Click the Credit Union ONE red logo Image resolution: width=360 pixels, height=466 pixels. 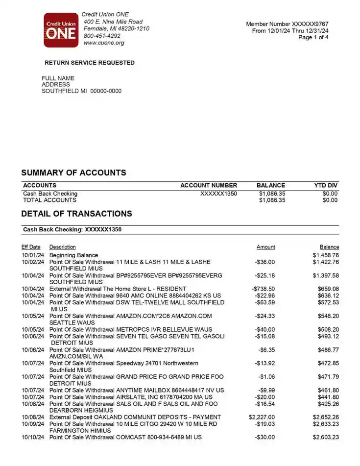[x=61, y=30]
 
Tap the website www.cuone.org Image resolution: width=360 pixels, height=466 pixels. [x=104, y=43]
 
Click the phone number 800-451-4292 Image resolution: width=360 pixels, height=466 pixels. [x=102, y=36]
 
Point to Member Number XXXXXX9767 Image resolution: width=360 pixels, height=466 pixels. [x=287, y=24]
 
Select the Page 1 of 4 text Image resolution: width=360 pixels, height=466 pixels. [x=313, y=37]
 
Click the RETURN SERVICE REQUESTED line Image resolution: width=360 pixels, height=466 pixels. [x=89, y=63]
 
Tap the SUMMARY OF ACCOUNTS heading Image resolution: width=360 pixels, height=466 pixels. [x=73, y=173]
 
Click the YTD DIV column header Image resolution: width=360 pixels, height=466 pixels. [x=326, y=186]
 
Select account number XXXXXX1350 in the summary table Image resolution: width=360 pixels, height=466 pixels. [x=218, y=194]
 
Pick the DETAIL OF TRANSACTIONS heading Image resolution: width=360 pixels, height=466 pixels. [x=76, y=214]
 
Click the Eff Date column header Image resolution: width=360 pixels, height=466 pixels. [x=31, y=247]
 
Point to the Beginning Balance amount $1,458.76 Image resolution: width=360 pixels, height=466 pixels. [x=326, y=255]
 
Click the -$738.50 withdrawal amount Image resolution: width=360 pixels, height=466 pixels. [x=263, y=289]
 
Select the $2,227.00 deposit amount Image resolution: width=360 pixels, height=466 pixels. [x=262, y=417]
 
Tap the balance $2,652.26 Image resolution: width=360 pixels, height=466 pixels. [x=326, y=417]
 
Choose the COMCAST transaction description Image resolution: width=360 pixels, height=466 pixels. [x=125, y=437]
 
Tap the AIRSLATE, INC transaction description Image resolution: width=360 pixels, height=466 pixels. [x=131, y=397]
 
